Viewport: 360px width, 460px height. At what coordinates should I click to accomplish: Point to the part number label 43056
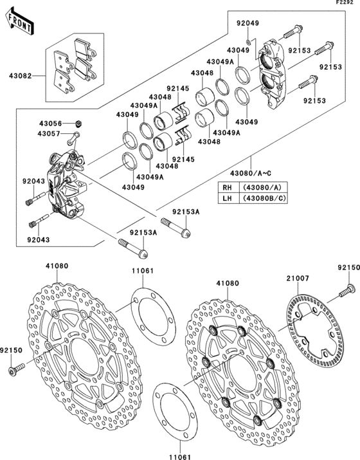pyautogui.click(x=50, y=123)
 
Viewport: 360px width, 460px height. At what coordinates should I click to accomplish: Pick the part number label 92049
pyautogui.click(x=247, y=23)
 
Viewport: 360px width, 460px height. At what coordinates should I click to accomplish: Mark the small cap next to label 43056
pyautogui.click(x=78, y=122)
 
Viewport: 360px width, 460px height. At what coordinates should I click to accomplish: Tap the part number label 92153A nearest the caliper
pyautogui.click(x=186, y=212)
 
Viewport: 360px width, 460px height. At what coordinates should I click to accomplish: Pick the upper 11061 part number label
pyautogui.click(x=143, y=271)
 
